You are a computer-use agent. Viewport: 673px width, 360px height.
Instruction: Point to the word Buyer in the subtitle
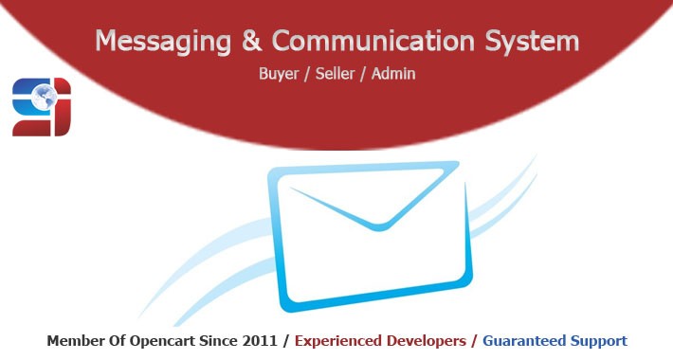pos(279,72)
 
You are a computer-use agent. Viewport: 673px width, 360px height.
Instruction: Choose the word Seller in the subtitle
pos(337,72)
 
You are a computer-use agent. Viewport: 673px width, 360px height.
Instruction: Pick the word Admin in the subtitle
pos(395,72)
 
